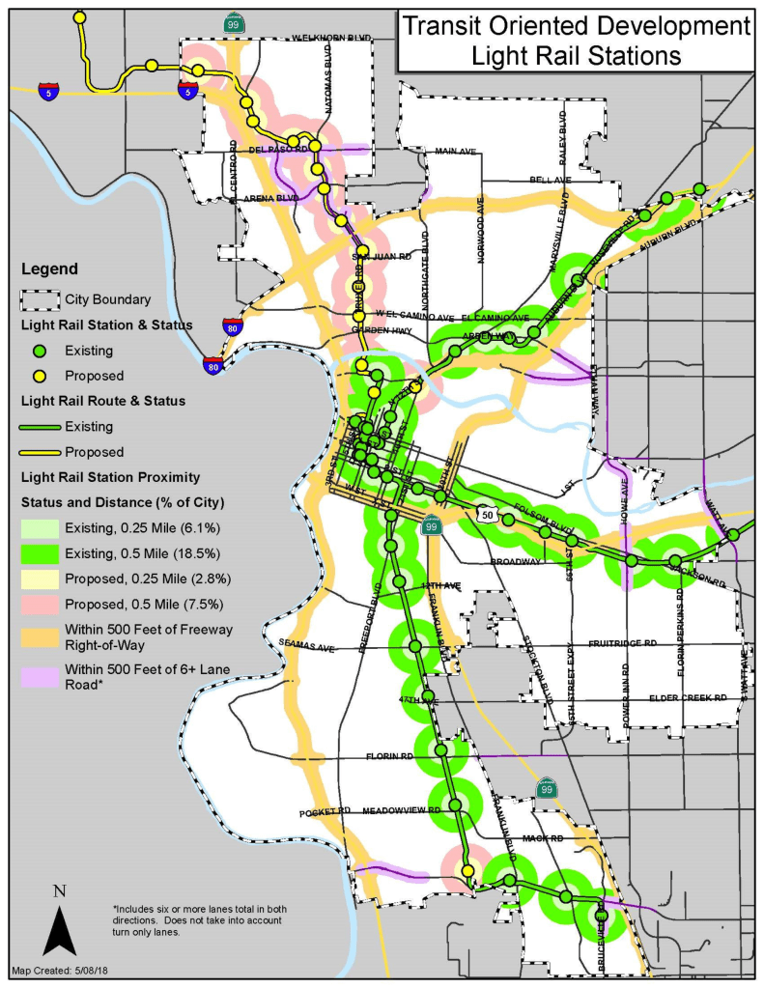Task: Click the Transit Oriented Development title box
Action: tap(575, 41)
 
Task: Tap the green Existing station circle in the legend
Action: tap(40, 351)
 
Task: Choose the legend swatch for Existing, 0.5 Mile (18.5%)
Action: tap(40, 553)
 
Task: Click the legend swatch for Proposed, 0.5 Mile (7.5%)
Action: tap(40, 604)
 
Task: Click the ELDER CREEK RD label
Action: tap(687, 697)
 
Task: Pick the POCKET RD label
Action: tap(325, 812)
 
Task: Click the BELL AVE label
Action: tap(551, 181)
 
